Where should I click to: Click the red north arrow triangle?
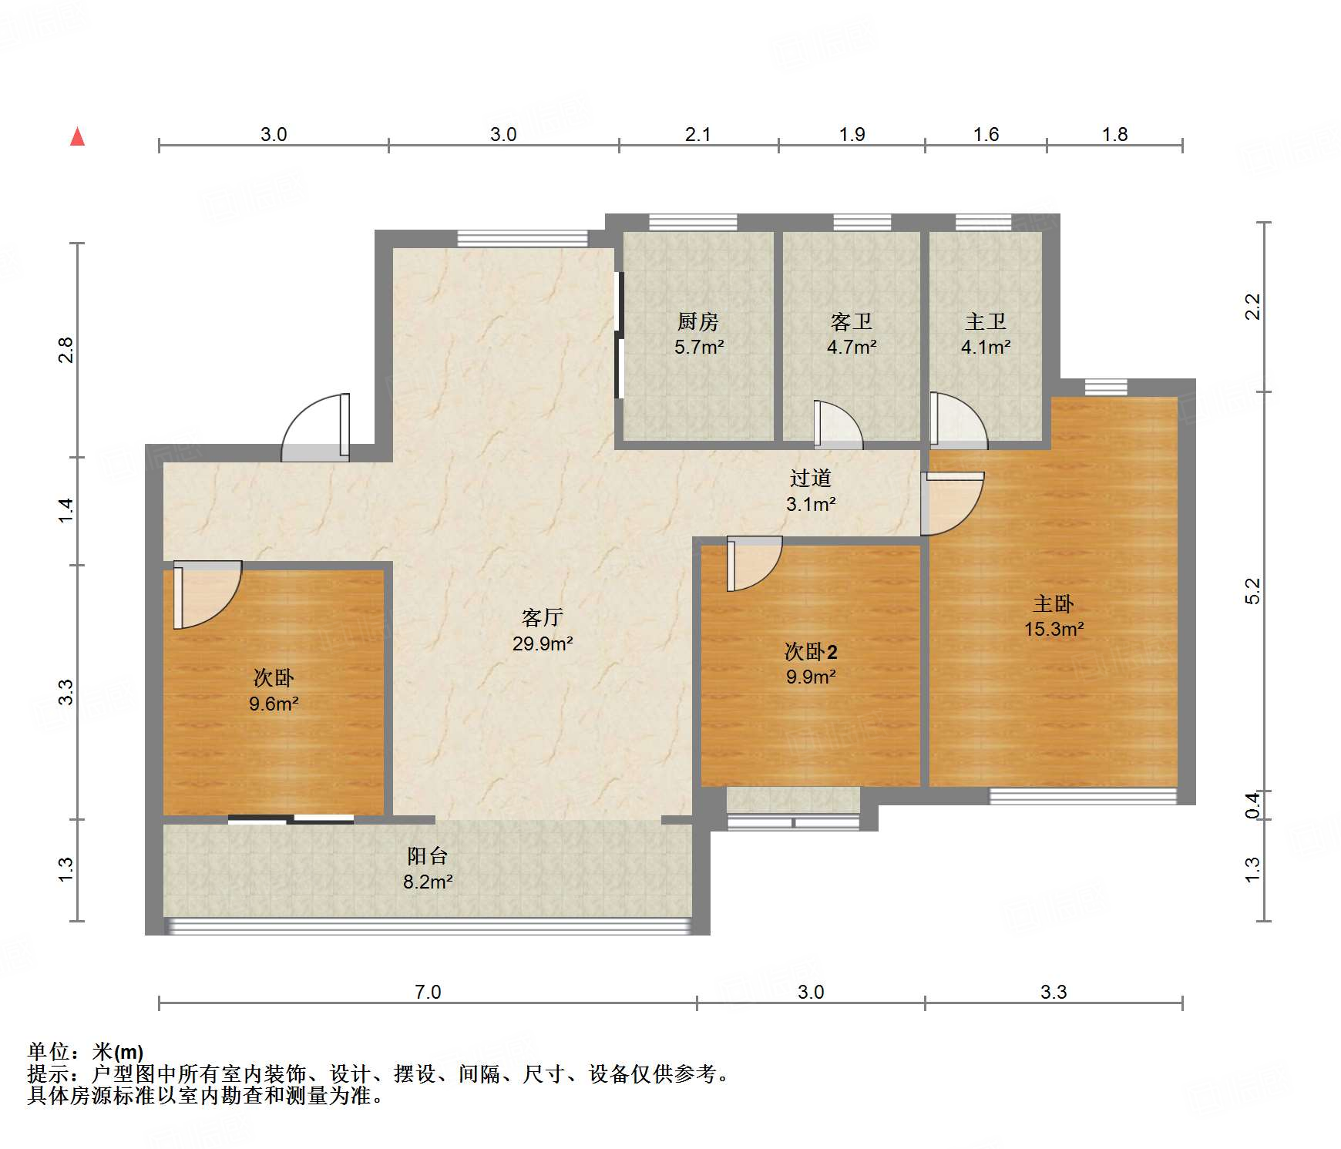(x=77, y=137)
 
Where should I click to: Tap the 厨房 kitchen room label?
(x=697, y=321)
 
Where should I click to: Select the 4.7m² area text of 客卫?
(x=851, y=348)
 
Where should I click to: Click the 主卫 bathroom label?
(x=985, y=321)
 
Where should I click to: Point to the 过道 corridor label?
(x=810, y=479)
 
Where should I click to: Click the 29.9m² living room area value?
(x=542, y=643)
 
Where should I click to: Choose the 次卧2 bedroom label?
(x=810, y=652)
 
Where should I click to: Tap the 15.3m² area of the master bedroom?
(x=1053, y=629)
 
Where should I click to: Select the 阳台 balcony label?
(x=427, y=856)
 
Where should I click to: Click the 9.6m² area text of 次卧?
(x=273, y=704)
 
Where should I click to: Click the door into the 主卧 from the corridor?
(x=952, y=503)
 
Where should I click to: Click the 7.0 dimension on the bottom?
(x=427, y=992)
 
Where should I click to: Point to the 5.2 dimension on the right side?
(x=1252, y=591)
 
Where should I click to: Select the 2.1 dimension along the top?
(x=697, y=135)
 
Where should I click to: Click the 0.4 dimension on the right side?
(x=1252, y=805)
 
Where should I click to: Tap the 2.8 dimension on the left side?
(x=67, y=350)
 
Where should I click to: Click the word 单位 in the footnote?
(x=48, y=1052)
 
